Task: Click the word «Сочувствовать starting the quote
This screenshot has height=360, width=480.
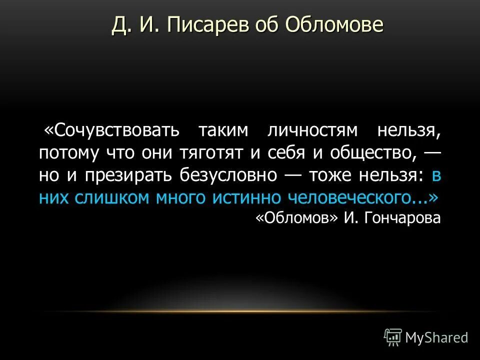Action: pos(111,130)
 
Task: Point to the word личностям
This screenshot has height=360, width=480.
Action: pos(313,130)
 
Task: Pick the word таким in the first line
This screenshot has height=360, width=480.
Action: pos(223,130)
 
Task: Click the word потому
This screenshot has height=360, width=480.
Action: pos(69,152)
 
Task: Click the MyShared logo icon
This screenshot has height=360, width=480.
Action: pos(392,337)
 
